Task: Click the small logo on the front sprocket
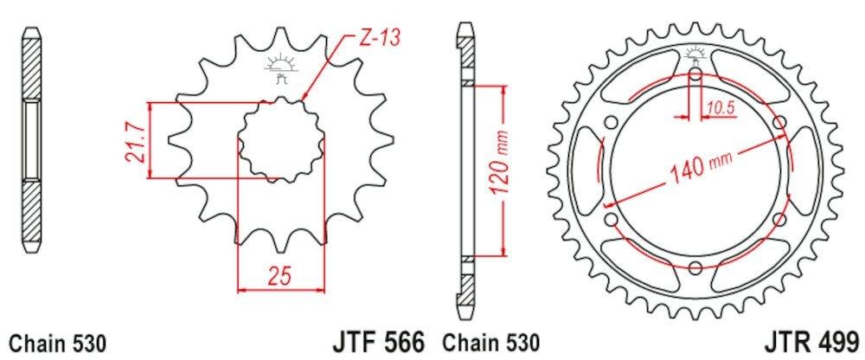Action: [280, 67]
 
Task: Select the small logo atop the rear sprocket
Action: [695, 57]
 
